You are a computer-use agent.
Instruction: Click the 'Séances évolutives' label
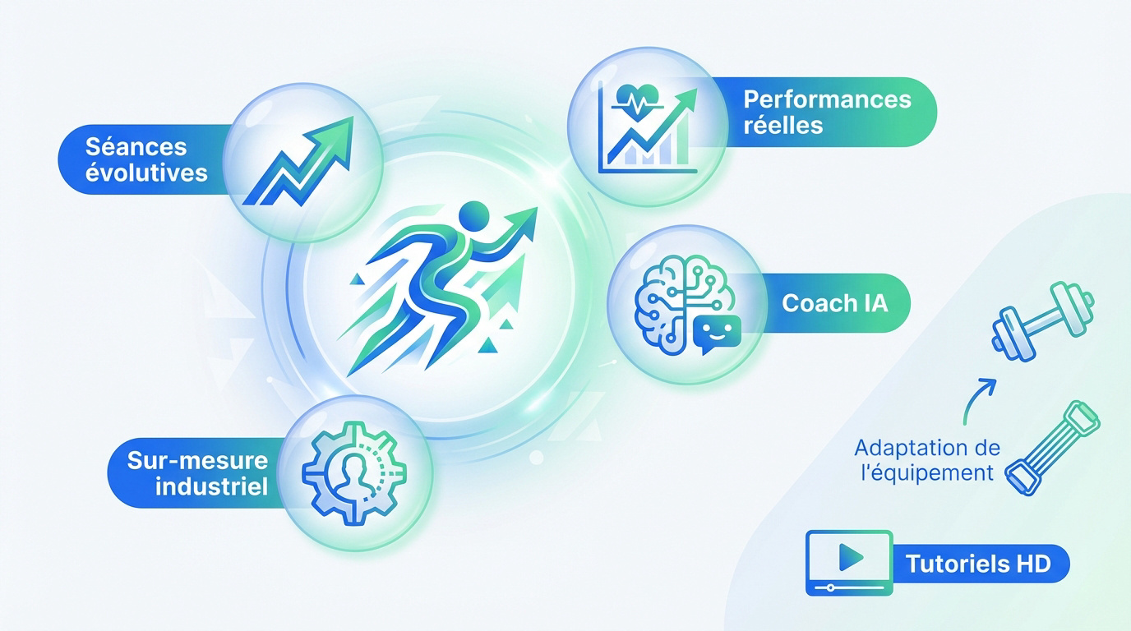tap(146, 160)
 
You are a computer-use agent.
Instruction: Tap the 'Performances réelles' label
tap(827, 113)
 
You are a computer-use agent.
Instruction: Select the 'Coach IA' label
tap(834, 303)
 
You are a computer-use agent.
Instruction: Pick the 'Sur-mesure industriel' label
tap(199, 473)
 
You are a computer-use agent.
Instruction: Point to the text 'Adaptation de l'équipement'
tap(926, 460)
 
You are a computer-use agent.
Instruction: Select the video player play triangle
tap(850, 559)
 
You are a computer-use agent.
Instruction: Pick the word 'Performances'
tap(827, 100)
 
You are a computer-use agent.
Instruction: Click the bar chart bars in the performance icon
tap(649, 153)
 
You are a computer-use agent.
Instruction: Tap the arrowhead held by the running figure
tap(523, 219)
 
